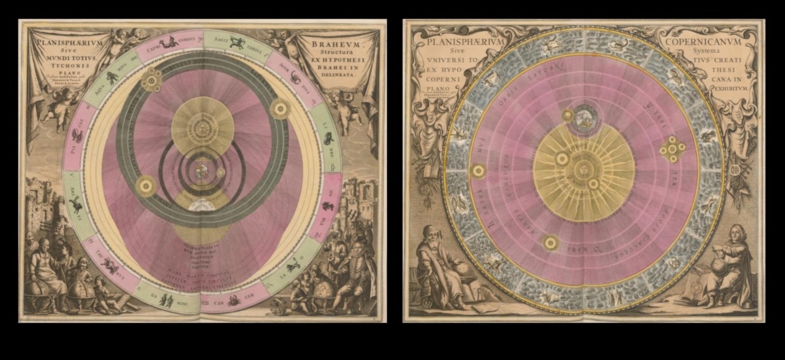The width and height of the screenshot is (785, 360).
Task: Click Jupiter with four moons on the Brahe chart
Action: pos(152,80)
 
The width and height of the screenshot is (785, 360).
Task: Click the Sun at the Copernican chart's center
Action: pos(583,172)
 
